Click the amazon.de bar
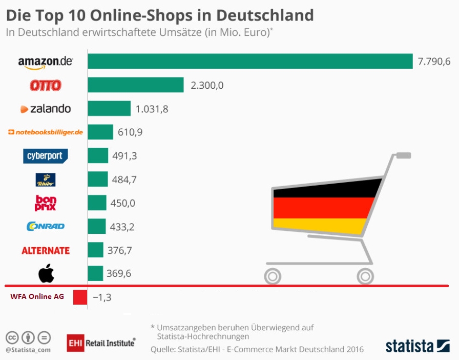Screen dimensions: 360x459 [250, 61]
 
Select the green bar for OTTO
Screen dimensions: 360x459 [136, 85]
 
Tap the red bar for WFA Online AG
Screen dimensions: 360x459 [80, 297]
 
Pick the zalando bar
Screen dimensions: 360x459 [109, 108]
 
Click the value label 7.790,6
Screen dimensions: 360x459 [434, 62]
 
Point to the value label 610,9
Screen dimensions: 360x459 [130, 132]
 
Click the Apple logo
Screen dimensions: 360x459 [46, 274]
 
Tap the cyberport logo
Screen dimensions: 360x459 [46, 156]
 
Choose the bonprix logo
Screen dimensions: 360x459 [45, 203]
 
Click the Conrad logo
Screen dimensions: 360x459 [45, 226]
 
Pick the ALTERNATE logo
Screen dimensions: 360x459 [46, 250]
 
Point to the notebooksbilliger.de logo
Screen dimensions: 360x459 [46, 132]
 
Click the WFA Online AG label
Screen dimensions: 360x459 [37, 296]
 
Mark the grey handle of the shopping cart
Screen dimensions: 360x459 [403, 155]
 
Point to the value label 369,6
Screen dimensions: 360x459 [119, 273]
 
